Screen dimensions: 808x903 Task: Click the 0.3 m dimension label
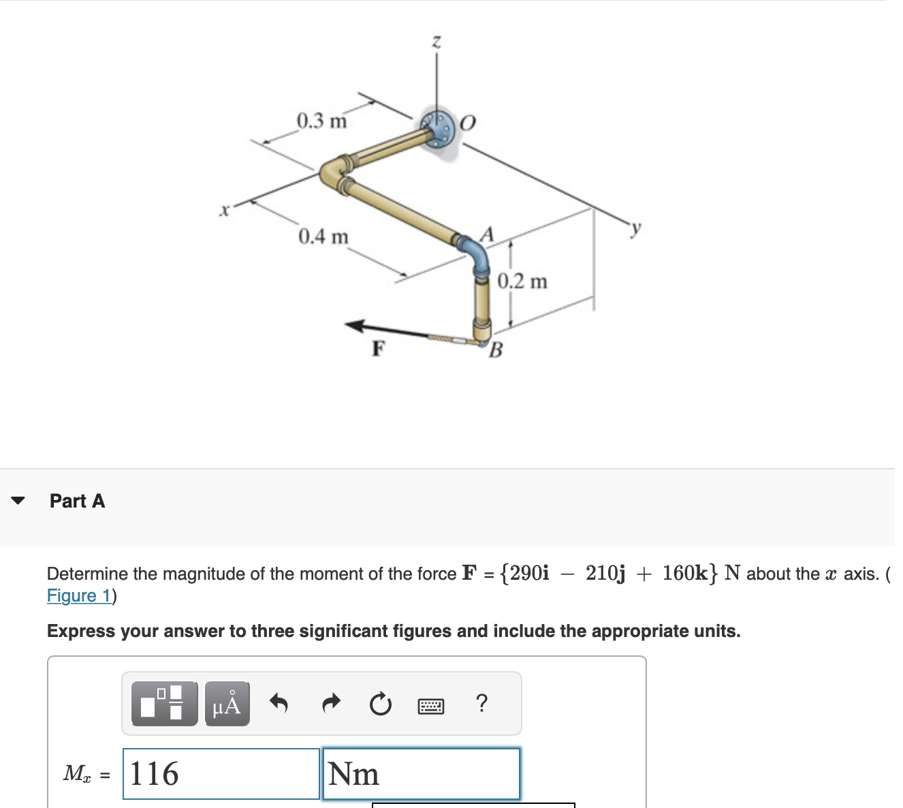(321, 121)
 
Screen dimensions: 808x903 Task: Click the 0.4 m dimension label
(323, 237)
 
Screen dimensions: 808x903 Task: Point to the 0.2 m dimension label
(522, 281)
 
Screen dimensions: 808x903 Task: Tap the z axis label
(437, 42)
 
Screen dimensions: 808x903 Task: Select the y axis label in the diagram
(635, 228)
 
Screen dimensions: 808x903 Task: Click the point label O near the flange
(468, 123)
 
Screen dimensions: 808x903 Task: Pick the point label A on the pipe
(486, 234)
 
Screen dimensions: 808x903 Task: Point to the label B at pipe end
(496, 350)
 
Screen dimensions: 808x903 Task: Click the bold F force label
(379, 349)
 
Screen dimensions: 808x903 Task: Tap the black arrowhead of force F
(358, 326)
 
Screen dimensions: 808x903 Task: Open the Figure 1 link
(79, 595)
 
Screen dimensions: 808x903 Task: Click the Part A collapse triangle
(18, 501)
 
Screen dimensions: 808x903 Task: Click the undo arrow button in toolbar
(279, 702)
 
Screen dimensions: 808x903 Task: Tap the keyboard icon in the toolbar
(430, 705)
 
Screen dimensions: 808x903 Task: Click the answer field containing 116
(221, 774)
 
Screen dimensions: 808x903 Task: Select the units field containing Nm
(421, 774)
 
